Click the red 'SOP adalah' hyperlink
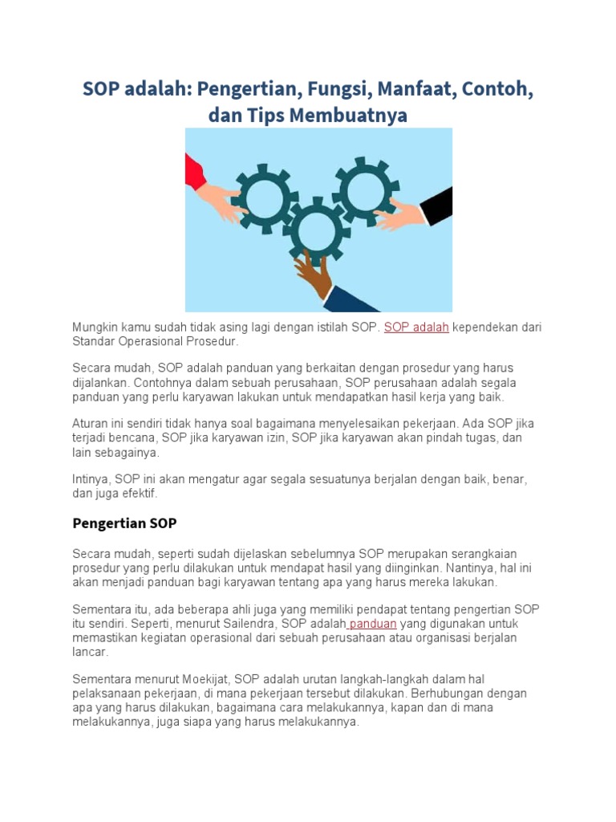(x=416, y=327)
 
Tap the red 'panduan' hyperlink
(x=373, y=623)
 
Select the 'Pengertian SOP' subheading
(x=124, y=523)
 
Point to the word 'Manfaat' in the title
(x=415, y=88)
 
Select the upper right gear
(x=365, y=190)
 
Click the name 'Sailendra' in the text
(x=245, y=623)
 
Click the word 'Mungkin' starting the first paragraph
(x=95, y=327)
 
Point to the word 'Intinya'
(x=91, y=478)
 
